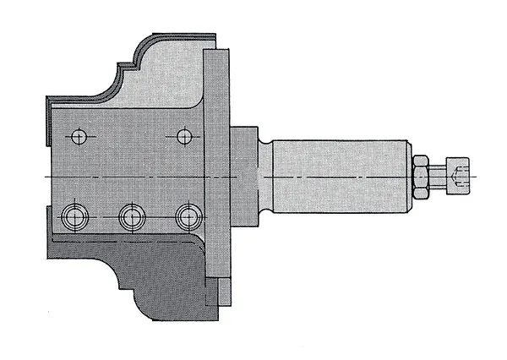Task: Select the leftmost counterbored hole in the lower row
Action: tap(74, 216)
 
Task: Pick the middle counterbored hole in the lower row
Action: tap(130, 216)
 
